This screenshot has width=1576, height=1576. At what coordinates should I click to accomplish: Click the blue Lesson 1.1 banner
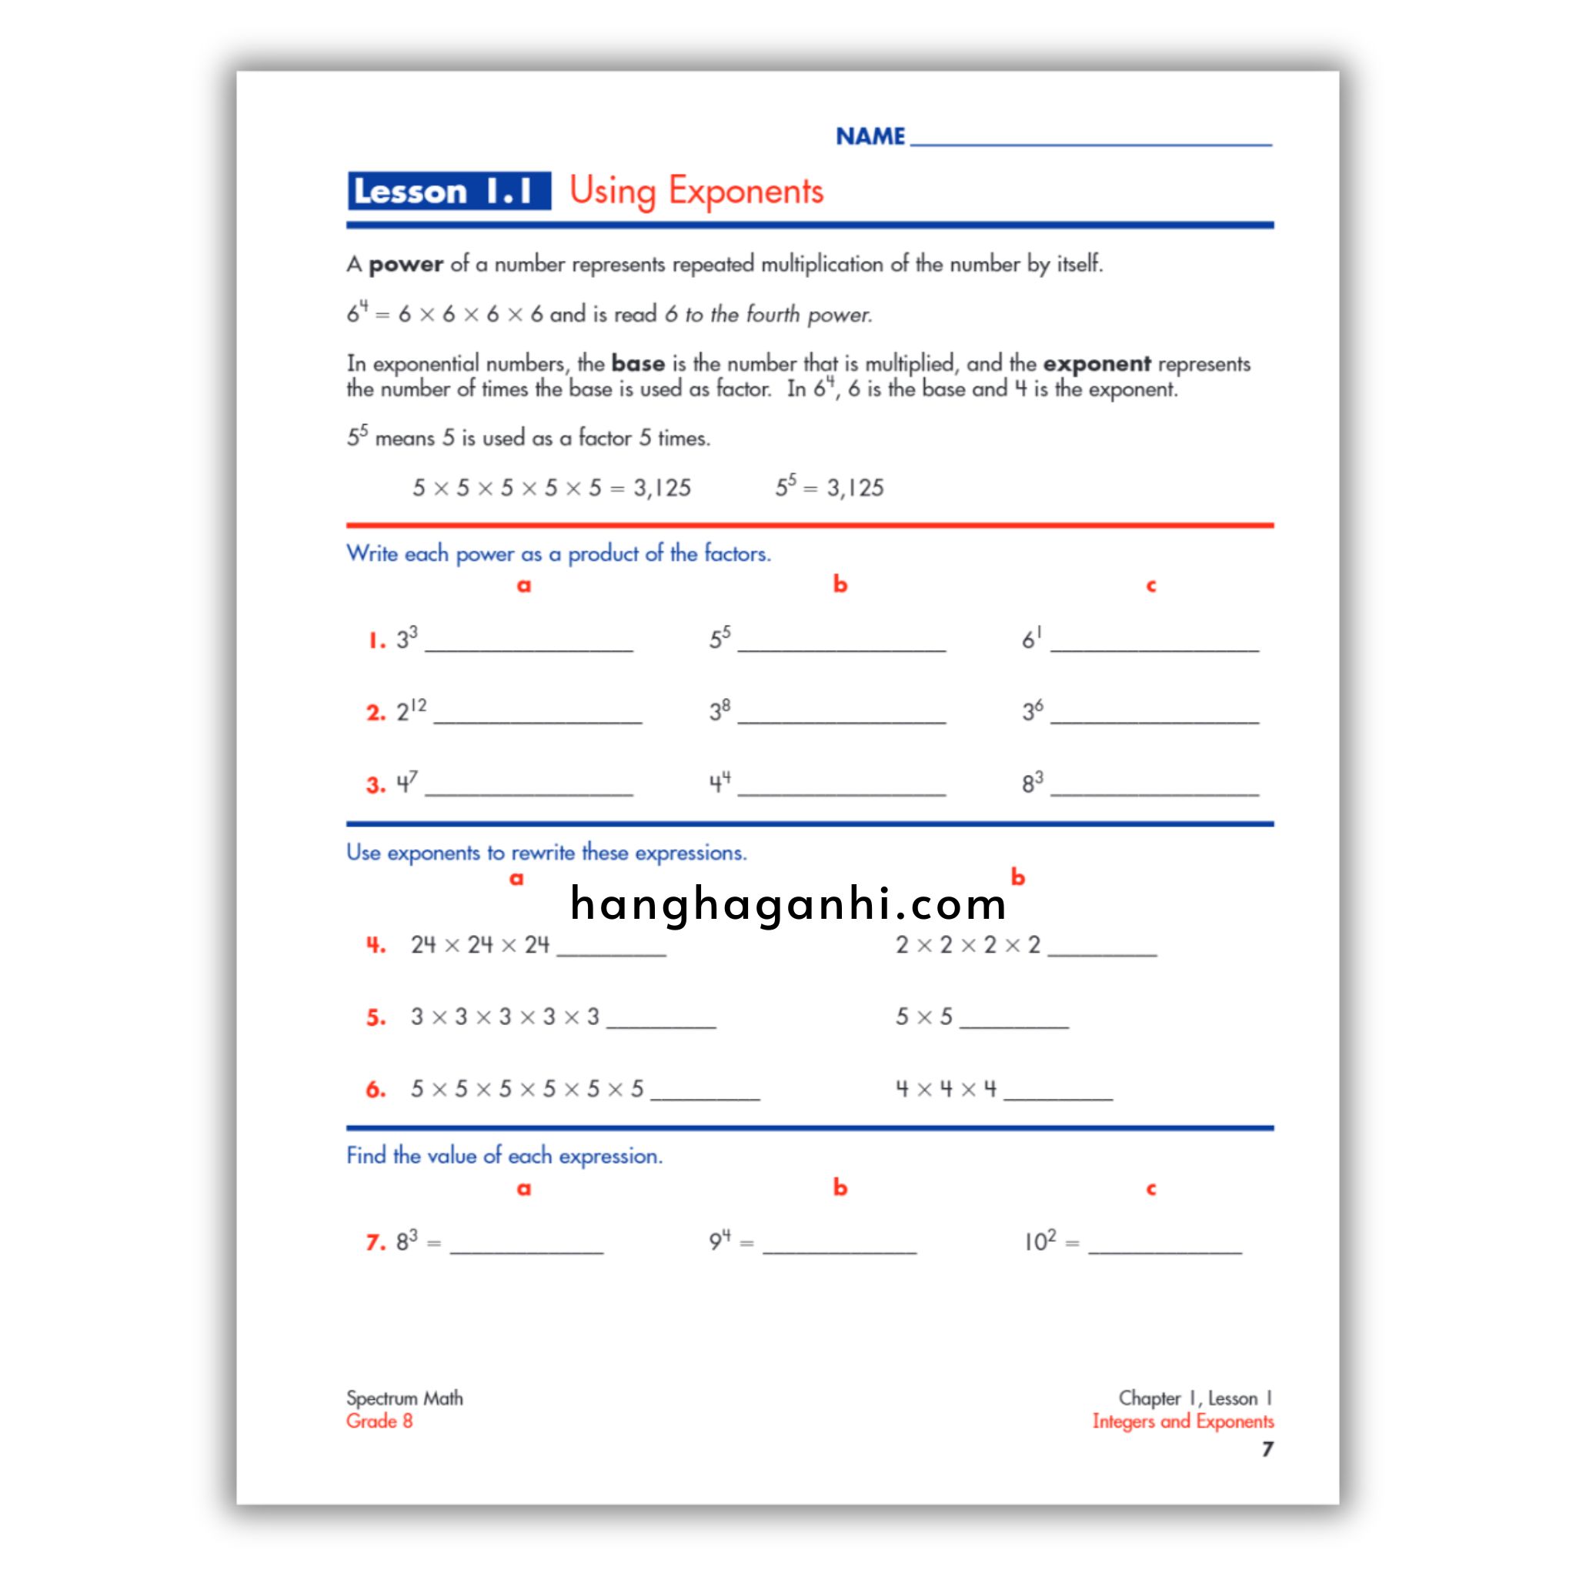coord(448,191)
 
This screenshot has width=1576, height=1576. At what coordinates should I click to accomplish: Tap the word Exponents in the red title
coord(746,191)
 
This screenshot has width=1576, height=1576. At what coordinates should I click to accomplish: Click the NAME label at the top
coord(870,136)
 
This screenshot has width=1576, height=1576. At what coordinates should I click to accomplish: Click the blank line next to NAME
coord(1090,139)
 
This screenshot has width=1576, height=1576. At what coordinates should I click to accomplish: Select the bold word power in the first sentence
coord(406,264)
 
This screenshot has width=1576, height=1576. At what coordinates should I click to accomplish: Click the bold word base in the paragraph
coord(637,364)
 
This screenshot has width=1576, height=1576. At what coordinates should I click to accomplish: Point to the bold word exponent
coord(1096,364)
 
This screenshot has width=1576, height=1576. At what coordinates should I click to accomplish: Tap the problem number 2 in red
coord(376,713)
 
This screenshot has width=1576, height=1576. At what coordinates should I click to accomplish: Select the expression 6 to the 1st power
coord(1032,638)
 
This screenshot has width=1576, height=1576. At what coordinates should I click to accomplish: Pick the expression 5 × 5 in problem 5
coord(923,1017)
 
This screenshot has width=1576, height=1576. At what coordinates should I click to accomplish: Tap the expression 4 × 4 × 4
coord(946,1088)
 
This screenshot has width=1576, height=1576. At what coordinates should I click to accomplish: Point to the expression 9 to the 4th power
coord(720,1240)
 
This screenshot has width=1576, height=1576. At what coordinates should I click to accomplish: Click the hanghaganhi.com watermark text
coord(788,904)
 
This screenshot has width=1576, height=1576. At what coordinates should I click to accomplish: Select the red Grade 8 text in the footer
coord(379,1421)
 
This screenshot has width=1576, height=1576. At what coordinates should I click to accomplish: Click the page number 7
coord(1267,1450)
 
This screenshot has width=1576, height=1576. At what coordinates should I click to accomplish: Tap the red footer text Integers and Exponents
coord(1182,1421)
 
